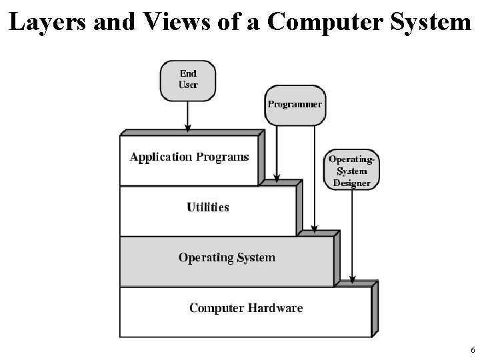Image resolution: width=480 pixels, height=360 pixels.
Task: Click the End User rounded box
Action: [188, 80]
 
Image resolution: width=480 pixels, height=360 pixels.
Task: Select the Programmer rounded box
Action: [295, 105]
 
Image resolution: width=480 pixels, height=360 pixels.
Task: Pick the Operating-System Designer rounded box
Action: [351, 171]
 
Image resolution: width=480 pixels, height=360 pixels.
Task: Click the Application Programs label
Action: [189, 157]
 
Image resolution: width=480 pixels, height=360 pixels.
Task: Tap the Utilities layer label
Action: [208, 207]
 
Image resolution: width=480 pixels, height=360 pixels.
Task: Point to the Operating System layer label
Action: [227, 257]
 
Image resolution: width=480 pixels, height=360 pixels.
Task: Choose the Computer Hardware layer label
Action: [246, 308]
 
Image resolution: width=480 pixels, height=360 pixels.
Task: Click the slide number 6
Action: [472, 350]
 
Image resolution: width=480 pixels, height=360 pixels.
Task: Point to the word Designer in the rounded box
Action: [351, 183]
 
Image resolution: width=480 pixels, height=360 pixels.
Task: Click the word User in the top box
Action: [188, 85]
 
